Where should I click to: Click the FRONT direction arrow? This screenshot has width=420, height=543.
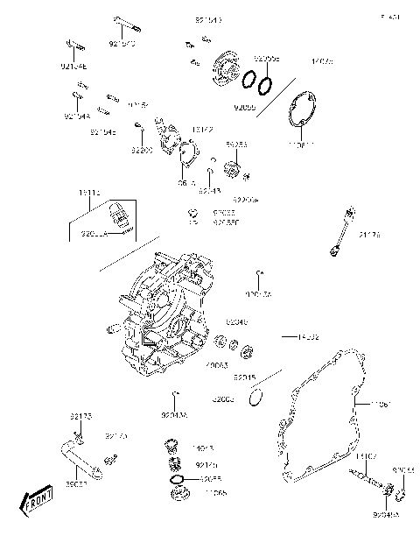click(x=34, y=503)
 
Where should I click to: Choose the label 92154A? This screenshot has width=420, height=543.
click(x=77, y=115)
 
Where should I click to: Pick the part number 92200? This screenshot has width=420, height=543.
click(x=142, y=150)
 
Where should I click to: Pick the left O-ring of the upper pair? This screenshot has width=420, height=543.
click(x=248, y=79)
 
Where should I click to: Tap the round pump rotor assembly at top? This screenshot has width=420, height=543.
click(x=226, y=66)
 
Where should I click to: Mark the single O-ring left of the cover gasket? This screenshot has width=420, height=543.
click(x=255, y=399)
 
